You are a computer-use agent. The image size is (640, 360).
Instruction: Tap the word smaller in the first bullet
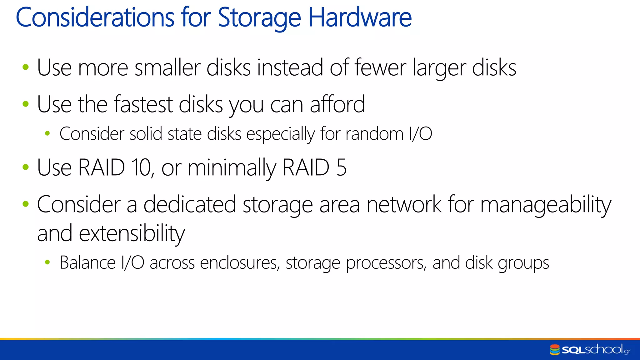pos(167,68)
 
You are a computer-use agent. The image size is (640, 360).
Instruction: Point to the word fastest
pos(143,104)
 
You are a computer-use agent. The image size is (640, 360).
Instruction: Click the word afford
pos(337,104)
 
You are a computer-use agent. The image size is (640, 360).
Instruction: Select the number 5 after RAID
pos(342,168)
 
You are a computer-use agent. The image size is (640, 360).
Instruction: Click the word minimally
pos(232,168)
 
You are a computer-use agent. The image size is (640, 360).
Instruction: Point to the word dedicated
pos(190,205)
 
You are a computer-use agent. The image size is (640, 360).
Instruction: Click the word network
pos(404,205)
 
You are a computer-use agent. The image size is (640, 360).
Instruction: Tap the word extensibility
pos(132,234)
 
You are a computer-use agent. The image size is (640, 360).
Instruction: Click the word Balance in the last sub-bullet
pos(87,263)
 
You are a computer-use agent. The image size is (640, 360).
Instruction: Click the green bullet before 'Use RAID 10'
pos(26,167)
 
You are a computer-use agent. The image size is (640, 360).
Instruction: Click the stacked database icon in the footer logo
pos(555,350)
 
